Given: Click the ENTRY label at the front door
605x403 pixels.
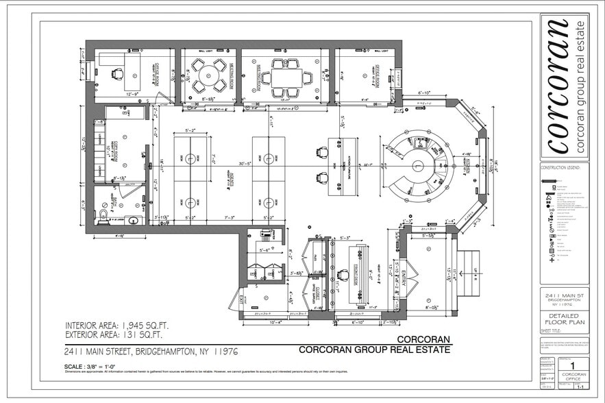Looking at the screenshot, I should [404, 280].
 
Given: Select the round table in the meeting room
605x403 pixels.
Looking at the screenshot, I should [208, 75].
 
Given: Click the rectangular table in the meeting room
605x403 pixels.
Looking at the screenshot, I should [284, 77].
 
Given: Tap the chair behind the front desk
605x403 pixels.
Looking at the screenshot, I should [343, 276].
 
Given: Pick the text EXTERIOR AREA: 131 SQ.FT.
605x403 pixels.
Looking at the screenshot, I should [122, 335].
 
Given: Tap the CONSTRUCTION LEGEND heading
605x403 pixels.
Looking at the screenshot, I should [560, 167].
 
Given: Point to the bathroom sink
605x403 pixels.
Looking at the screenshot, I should [132, 221].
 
